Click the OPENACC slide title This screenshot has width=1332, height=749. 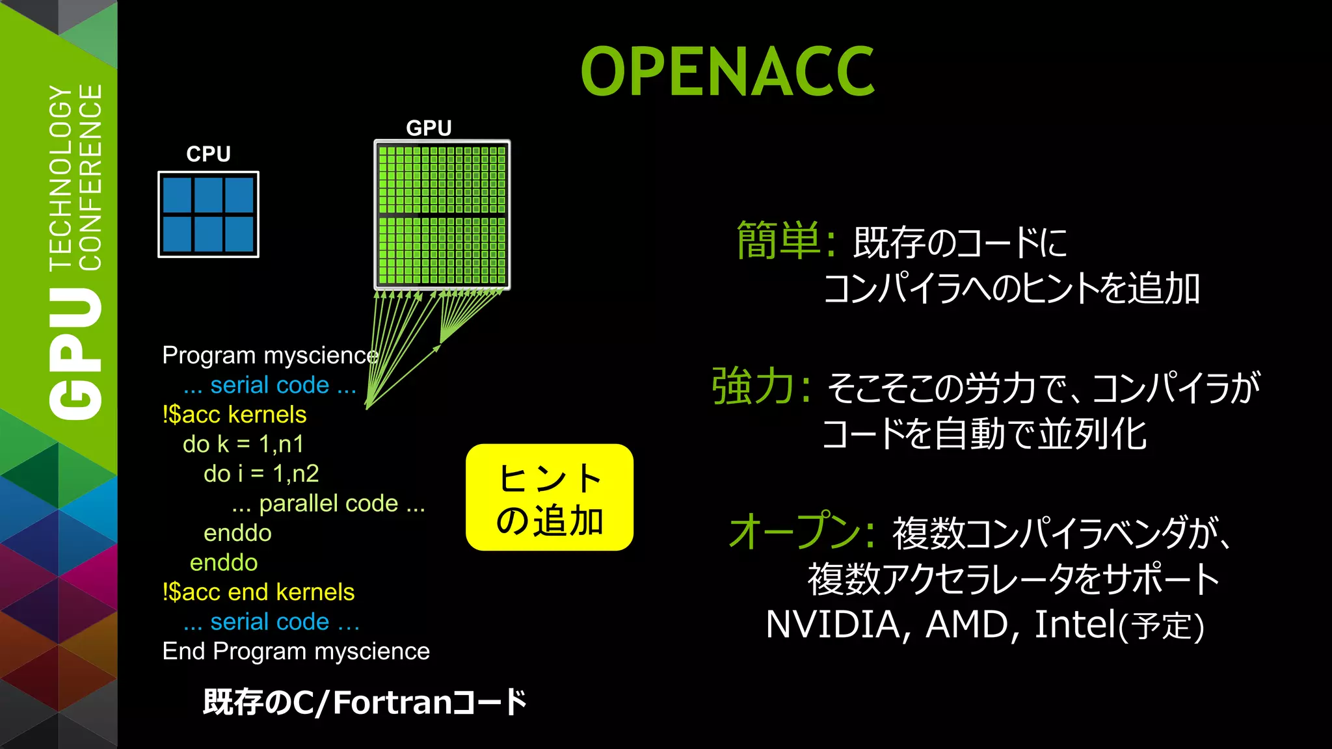click(x=727, y=72)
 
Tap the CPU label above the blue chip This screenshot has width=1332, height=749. click(x=208, y=154)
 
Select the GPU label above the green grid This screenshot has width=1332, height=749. click(x=429, y=128)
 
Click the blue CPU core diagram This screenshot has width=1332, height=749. click(x=208, y=215)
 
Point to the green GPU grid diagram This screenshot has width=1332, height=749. click(x=442, y=215)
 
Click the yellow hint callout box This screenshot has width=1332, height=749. click(x=550, y=497)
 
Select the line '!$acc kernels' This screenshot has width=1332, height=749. click(x=234, y=415)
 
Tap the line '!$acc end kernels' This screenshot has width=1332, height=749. click(x=258, y=592)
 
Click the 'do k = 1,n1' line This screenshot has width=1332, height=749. click(x=243, y=444)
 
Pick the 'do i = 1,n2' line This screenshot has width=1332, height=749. click(x=261, y=474)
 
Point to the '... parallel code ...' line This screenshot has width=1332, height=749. click(x=328, y=504)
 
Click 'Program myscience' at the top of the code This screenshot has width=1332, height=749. click(x=270, y=356)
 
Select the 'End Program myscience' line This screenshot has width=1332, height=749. click(x=296, y=651)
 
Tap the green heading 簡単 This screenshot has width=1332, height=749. click(x=778, y=241)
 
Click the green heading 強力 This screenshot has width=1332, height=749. click(x=753, y=387)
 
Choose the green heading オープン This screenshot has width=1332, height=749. click(x=795, y=531)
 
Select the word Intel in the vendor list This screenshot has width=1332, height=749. click(x=1074, y=625)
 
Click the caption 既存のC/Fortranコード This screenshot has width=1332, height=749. click(x=364, y=702)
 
